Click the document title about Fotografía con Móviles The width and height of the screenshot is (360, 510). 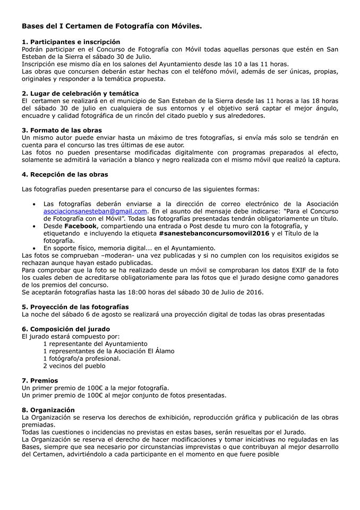112,25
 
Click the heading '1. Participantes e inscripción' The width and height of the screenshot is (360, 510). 71,42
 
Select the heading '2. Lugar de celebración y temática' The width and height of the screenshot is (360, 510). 80,93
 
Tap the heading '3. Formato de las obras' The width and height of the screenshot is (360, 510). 62,130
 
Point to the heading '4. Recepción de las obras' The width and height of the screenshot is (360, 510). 65,174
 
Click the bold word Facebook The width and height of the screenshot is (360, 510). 81,226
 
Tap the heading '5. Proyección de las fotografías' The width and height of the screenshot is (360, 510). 75,307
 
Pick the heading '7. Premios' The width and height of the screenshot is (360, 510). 40,380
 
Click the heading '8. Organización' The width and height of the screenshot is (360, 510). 48,410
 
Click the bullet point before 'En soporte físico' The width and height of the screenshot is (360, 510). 35,248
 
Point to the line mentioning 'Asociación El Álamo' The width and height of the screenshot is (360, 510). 109,351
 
